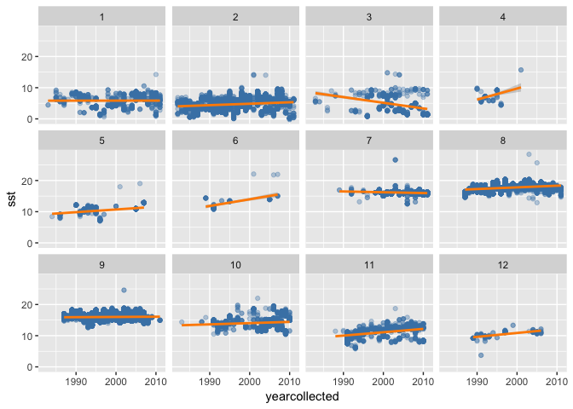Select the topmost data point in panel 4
pos(520,71)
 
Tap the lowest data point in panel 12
pos(481,354)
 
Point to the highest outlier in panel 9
pos(124,291)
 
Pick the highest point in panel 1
pos(155,75)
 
